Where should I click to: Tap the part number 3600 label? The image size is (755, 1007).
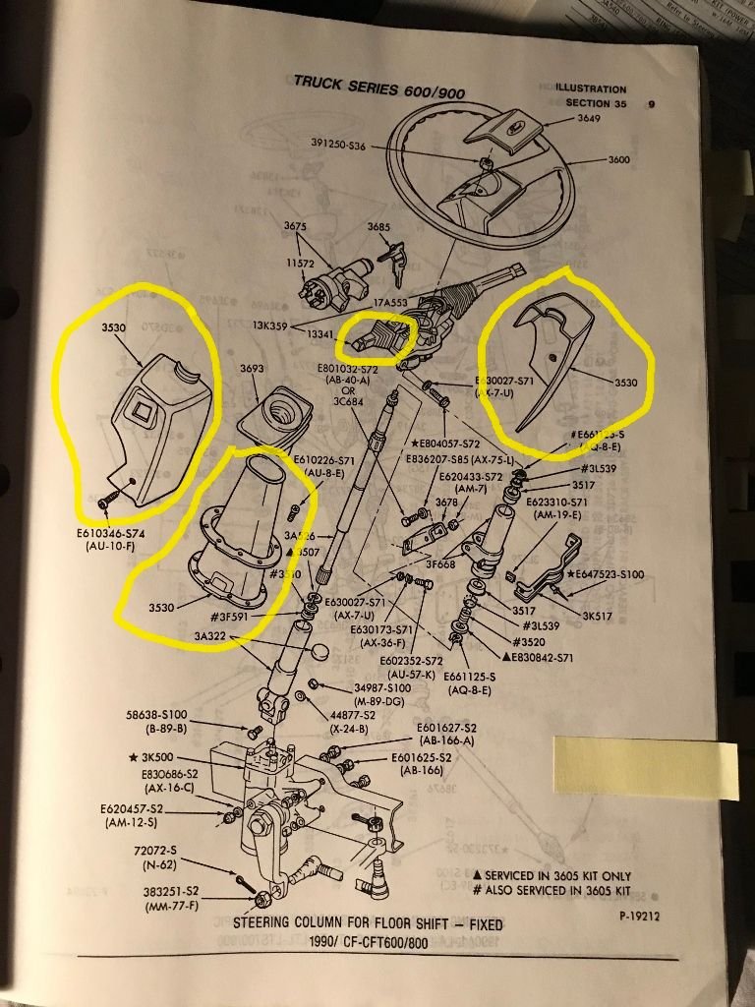tap(619, 159)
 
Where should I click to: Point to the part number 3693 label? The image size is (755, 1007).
tap(254, 369)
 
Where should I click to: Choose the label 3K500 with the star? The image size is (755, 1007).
tap(153, 758)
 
